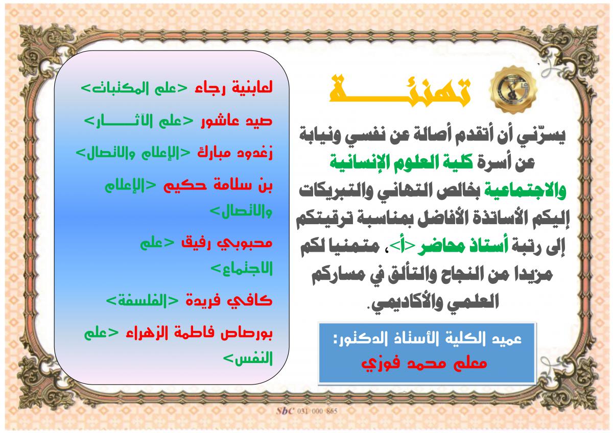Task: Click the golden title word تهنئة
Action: [x=400, y=91]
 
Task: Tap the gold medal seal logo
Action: [x=513, y=89]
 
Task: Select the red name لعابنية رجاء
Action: [x=233, y=88]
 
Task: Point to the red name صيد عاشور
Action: [x=237, y=121]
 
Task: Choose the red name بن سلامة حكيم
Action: [x=218, y=185]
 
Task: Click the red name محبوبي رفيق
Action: [x=227, y=243]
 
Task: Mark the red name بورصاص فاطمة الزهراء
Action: [x=199, y=333]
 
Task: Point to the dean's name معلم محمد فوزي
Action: [x=424, y=364]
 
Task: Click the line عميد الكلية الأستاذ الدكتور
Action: [x=428, y=339]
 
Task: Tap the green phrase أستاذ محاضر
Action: [x=462, y=247]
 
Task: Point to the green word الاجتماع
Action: [x=242, y=269]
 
